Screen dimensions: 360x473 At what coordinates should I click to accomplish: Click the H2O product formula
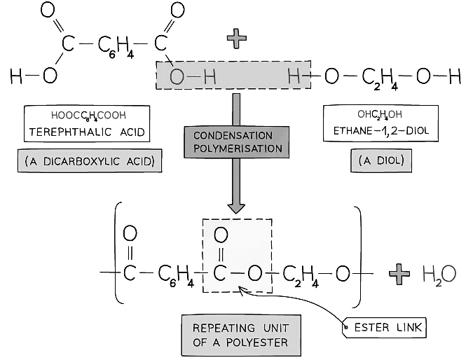[x=438, y=273]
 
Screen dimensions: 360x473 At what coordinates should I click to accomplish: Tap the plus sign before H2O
[x=400, y=272]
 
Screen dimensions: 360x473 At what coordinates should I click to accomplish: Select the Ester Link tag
[x=383, y=327]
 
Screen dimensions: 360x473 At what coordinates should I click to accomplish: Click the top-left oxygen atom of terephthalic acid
[x=48, y=11]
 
